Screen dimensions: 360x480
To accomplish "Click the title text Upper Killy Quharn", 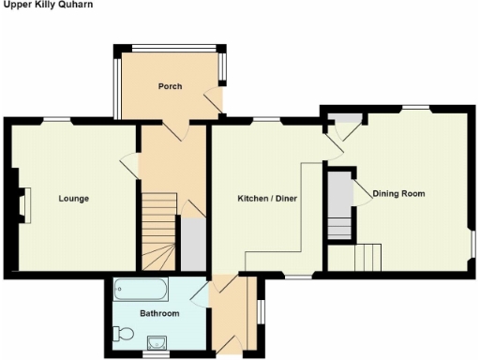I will pyautogui.click(x=40, y=5).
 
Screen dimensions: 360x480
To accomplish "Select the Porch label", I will pyautogui.click(x=170, y=87).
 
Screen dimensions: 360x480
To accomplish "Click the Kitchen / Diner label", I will pyautogui.click(x=266, y=199).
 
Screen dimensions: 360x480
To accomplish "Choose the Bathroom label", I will pyautogui.click(x=154, y=312).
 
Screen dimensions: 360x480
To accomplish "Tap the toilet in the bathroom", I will pyautogui.click(x=119, y=331).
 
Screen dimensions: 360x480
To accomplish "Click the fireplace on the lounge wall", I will pyautogui.click(x=24, y=205).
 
